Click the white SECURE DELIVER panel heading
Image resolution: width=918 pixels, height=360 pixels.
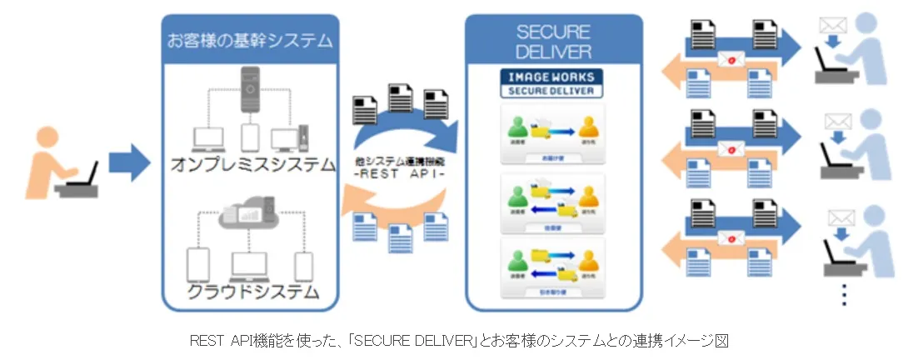pyautogui.click(x=554, y=42)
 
